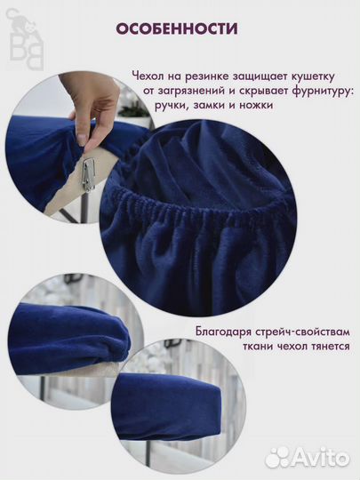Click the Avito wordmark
(322, 457)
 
